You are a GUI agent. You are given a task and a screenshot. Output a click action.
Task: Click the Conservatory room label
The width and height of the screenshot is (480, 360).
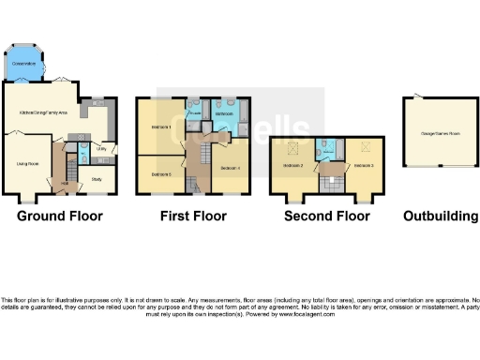tap(24, 65)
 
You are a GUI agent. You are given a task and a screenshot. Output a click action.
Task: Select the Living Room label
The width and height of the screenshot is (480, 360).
tap(27, 162)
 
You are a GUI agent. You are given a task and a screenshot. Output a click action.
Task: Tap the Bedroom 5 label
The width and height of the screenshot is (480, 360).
tap(160, 173)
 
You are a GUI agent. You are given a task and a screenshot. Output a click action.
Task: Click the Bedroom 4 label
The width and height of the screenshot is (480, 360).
tap(231, 168)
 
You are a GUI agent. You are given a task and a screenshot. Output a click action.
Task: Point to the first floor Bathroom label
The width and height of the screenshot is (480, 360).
tap(225, 114)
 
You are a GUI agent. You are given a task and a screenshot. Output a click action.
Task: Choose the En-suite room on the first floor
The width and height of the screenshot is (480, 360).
tap(194, 114)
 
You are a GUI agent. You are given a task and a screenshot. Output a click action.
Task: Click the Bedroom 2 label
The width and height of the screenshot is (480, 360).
tap(293, 166)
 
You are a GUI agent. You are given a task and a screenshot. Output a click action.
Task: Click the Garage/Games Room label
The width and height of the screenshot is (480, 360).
tap(441, 132)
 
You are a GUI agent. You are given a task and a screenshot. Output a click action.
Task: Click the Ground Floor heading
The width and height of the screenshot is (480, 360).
tap(60, 217)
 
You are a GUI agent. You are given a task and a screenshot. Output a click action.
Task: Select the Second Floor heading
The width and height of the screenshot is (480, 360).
tap(327, 217)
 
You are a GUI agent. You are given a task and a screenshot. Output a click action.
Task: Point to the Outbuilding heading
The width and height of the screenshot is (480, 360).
tap(440, 217)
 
